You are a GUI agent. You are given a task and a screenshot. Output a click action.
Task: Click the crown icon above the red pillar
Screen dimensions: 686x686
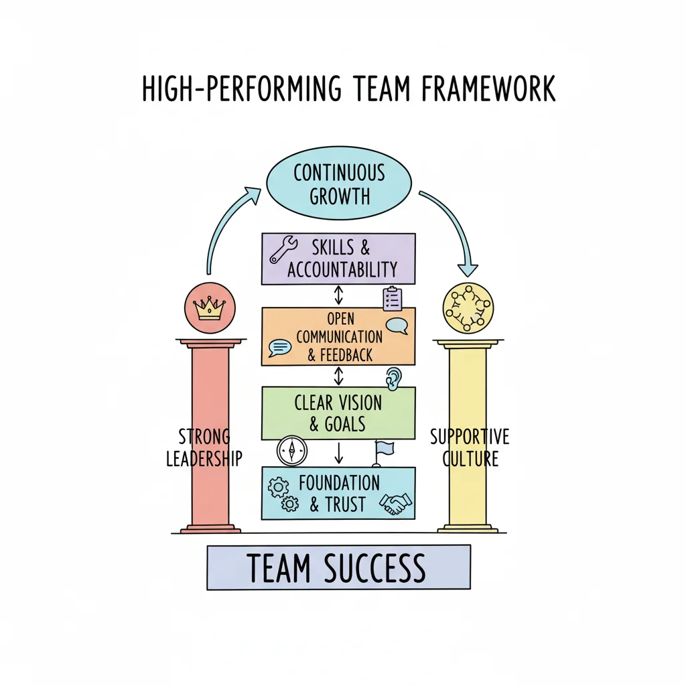[x=209, y=308]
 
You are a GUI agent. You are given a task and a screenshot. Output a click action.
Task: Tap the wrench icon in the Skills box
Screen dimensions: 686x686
[x=283, y=249]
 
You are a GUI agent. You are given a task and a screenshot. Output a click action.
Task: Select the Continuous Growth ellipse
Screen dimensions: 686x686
[x=338, y=183]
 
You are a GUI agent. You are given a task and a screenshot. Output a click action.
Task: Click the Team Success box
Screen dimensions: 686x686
[x=338, y=567]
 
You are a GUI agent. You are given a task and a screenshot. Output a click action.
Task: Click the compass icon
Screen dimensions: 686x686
[x=293, y=452]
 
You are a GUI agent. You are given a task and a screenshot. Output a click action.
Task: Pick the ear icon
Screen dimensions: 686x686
[x=393, y=378]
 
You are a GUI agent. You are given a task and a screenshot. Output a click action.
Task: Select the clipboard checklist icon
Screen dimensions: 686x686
[x=393, y=299]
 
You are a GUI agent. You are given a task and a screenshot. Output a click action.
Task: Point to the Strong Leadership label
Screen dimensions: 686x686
[x=204, y=448]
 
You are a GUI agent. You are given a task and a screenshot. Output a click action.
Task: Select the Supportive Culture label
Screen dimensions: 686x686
[x=470, y=448]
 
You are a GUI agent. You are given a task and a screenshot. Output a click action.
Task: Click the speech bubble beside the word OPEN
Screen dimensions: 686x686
[x=397, y=326]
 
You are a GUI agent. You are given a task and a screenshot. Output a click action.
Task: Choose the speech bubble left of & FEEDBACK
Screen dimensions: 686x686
[x=279, y=347]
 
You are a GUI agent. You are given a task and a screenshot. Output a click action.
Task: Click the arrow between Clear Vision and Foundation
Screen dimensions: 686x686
[x=338, y=453]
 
